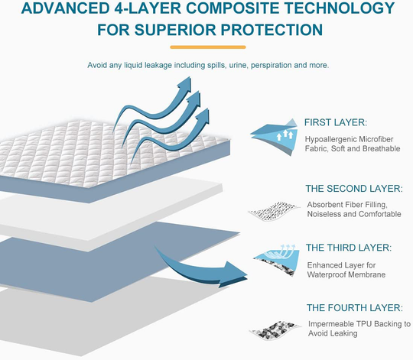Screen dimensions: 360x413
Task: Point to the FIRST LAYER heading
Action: (336, 122)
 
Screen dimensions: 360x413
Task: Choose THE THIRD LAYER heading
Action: (349, 248)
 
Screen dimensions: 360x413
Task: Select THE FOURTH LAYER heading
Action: (353, 307)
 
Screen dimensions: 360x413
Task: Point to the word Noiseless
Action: (327, 214)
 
